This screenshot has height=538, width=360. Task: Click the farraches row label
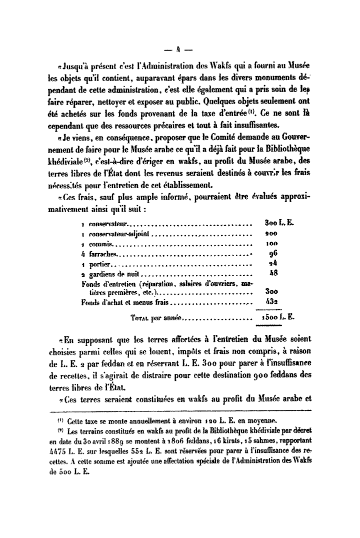pos(103,254)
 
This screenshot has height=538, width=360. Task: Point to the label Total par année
pos(157,317)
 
